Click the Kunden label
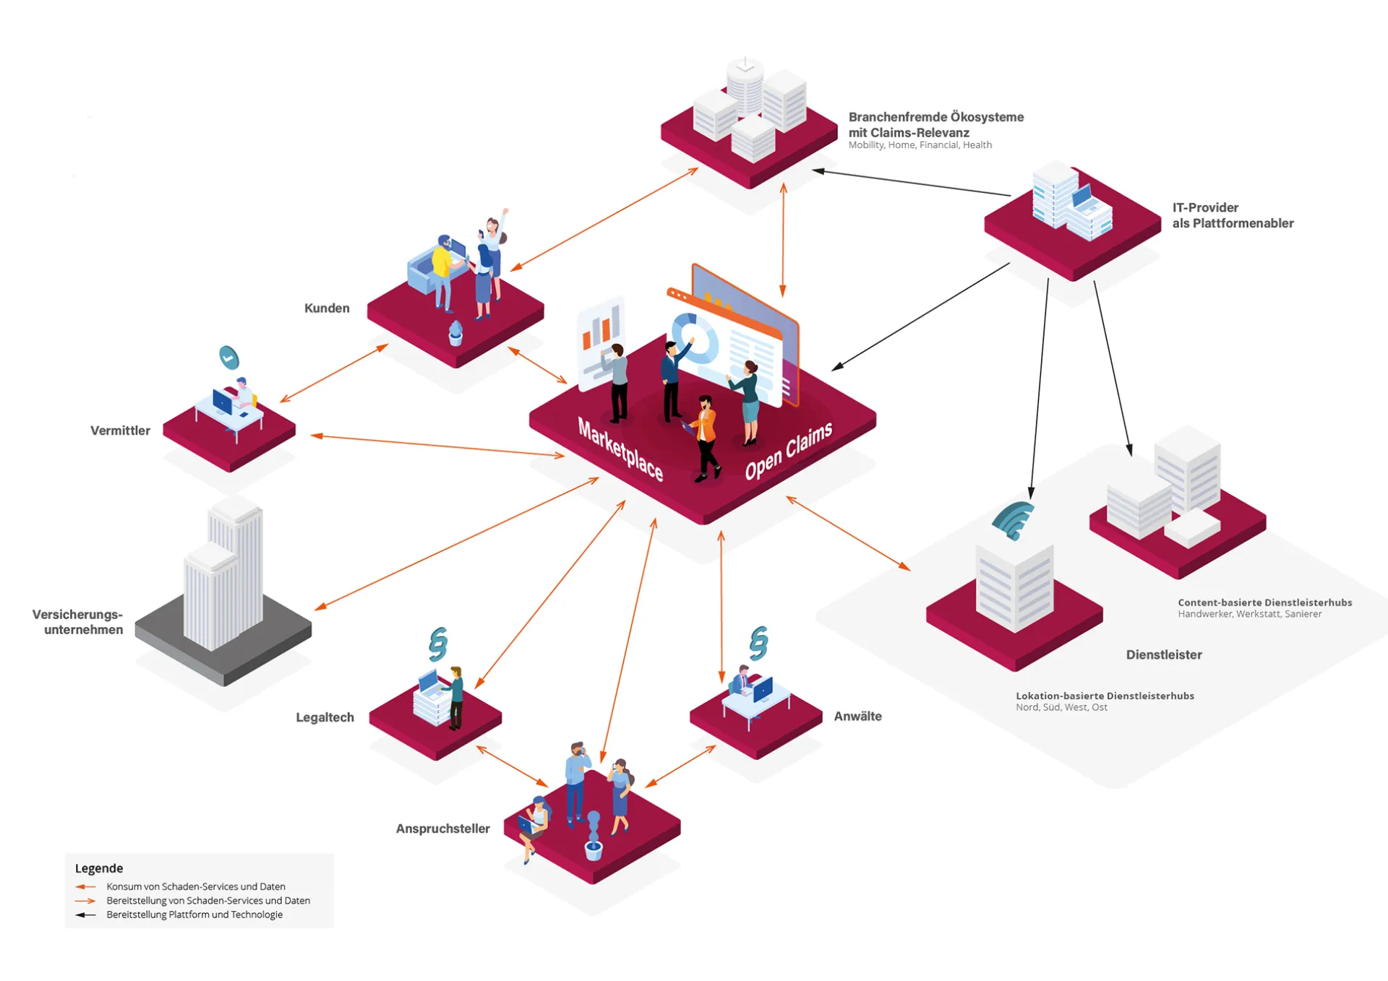click(x=327, y=308)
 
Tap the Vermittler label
click(x=120, y=431)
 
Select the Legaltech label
click(x=325, y=717)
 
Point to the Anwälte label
click(x=857, y=716)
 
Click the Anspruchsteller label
click(x=442, y=829)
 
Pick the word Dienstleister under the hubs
click(x=1163, y=654)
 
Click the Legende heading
click(x=99, y=868)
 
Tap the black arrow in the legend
click(x=85, y=915)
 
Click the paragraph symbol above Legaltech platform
click(x=437, y=644)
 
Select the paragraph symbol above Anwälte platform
click(x=758, y=643)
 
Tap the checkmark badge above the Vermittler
click(x=229, y=358)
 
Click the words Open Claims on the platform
click(x=789, y=451)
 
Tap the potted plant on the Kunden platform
click(x=455, y=334)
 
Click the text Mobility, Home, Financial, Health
click(x=920, y=145)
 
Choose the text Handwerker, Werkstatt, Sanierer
click(x=1249, y=614)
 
